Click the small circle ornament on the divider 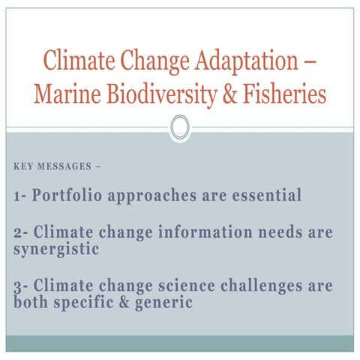coord(179,127)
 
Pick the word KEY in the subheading coord(24,166)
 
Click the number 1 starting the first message coord(18,197)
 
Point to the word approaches coord(153,197)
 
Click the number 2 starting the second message coord(19,233)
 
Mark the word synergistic coord(56,249)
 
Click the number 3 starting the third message coord(19,286)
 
